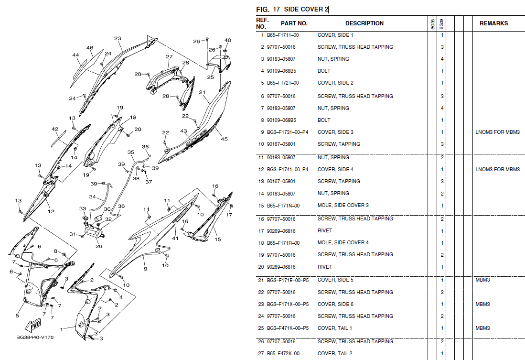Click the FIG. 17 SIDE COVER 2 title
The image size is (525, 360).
click(x=292, y=9)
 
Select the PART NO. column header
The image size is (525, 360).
click(x=294, y=23)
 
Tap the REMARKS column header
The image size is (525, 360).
click(x=493, y=23)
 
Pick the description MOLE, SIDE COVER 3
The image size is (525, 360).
click(x=343, y=206)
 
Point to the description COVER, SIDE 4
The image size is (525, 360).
click(x=335, y=170)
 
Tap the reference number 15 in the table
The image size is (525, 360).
click(x=261, y=206)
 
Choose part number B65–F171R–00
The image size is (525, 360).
click(x=283, y=243)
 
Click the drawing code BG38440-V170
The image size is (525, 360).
click(x=35, y=337)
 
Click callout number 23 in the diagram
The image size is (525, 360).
click(x=118, y=39)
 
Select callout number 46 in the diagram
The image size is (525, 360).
click(x=89, y=48)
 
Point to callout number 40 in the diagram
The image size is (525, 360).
click(x=228, y=41)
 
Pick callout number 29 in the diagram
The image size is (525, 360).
click(x=99, y=247)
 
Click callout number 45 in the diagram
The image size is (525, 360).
click(x=224, y=139)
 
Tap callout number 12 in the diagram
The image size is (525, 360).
click(x=51, y=211)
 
